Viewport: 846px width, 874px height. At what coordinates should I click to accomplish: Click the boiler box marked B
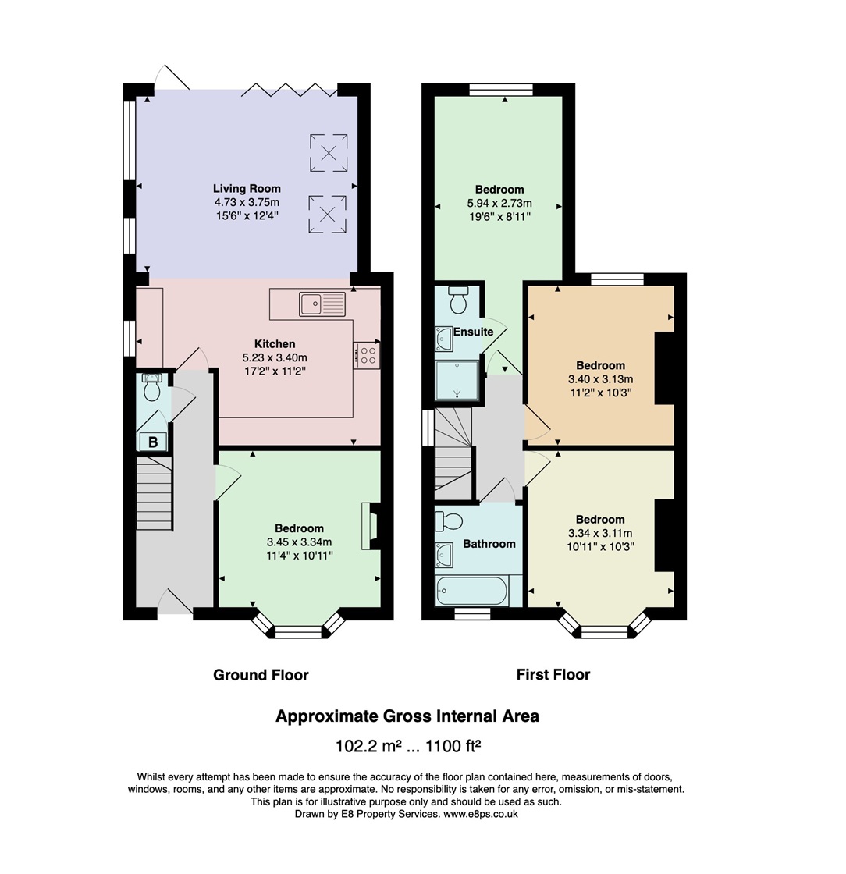(152, 442)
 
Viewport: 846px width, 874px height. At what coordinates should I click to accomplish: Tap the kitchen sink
(322, 304)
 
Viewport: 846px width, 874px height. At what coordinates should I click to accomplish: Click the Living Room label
(247, 188)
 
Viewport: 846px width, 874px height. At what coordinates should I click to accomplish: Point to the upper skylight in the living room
(329, 153)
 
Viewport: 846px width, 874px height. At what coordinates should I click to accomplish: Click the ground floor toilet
(151, 387)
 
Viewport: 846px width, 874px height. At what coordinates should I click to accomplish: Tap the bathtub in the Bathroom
(472, 591)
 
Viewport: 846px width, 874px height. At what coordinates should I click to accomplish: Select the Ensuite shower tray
(457, 380)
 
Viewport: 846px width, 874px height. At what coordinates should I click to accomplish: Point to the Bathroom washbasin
(444, 555)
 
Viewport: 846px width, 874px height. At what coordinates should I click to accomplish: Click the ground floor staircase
(155, 492)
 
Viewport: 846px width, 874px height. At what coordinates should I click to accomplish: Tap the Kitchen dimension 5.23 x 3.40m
(275, 357)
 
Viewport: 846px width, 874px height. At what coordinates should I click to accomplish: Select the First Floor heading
(553, 674)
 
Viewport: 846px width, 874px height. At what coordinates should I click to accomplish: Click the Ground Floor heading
(261, 675)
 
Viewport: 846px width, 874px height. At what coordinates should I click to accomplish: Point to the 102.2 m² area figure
(368, 745)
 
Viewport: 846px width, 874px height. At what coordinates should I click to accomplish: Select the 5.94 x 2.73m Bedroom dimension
(499, 203)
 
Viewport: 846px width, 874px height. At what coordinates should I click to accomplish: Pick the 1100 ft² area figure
(453, 745)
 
